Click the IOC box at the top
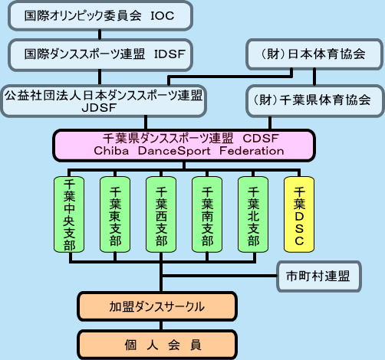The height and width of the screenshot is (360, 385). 100,15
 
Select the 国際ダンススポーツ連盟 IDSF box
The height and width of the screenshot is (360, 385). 100,54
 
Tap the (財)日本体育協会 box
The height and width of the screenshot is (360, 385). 314,54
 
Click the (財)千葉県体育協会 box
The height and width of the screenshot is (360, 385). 315,100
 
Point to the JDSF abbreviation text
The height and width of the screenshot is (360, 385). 100,108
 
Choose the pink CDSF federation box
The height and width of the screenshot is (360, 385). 184,146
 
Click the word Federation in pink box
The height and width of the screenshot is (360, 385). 252,151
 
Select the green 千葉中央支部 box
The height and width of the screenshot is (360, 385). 69,214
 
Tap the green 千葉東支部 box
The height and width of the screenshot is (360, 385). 115,214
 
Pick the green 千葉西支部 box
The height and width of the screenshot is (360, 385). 161,214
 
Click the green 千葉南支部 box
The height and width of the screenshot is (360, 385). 207,214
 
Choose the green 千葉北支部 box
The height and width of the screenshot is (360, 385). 253,214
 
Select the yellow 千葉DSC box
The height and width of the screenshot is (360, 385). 299,214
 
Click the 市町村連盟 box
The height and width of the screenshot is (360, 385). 319,277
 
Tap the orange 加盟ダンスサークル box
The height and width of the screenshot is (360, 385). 157,306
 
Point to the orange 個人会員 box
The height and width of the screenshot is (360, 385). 157,345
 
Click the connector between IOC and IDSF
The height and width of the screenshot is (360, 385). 100,34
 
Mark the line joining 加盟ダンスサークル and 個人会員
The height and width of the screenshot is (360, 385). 161,326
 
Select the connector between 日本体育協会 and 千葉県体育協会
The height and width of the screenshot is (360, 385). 314,77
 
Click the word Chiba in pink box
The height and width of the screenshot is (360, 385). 111,151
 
